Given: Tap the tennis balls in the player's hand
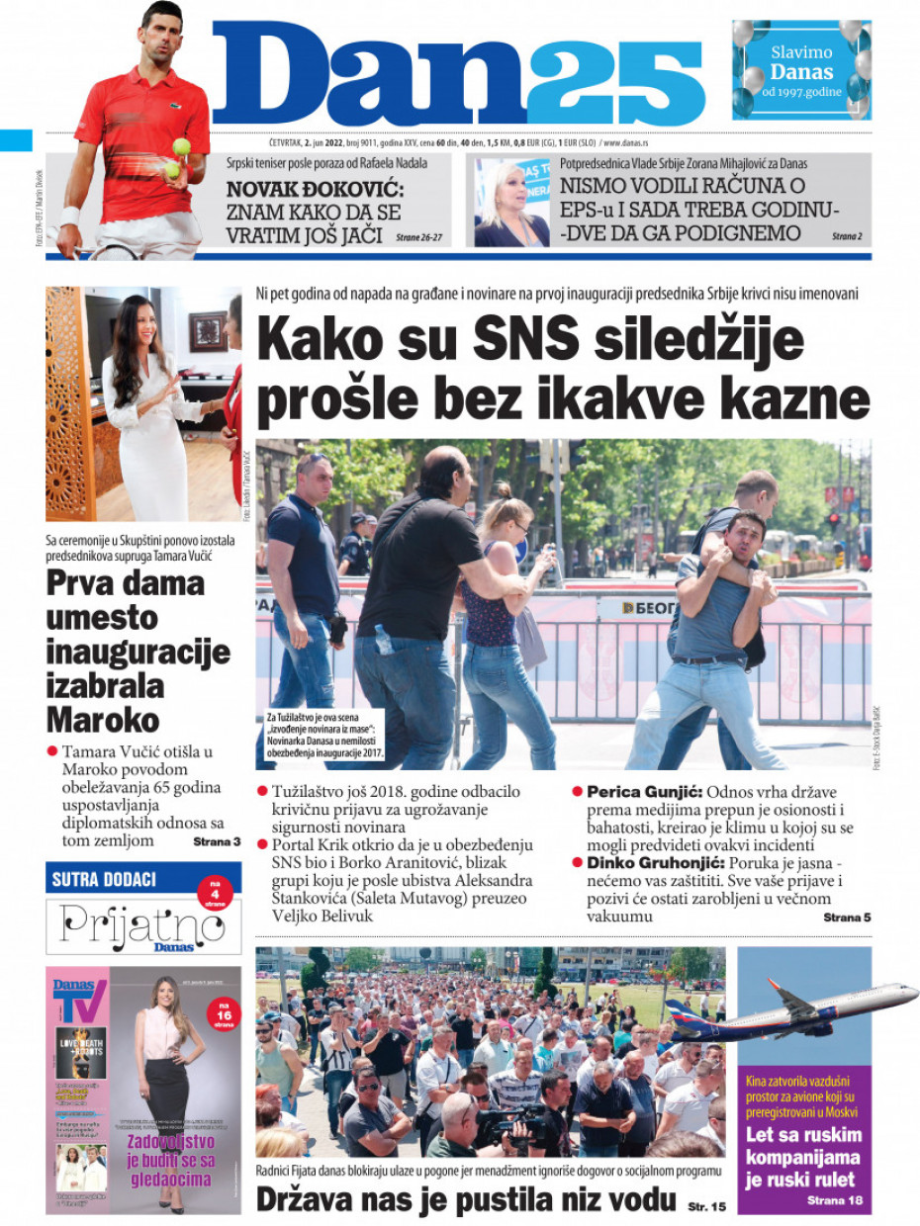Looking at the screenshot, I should click(x=177, y=158).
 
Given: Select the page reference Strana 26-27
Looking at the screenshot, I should click(x=418, y=238).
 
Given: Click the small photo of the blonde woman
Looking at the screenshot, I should click(x=511, y=202).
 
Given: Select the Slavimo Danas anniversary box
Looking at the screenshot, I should click(x=801, y=69).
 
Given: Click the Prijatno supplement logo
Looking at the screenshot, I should click(x=142, y=925).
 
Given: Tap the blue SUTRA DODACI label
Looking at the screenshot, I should click(x=104, y=877).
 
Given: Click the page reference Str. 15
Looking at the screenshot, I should click(x=705, y=1205).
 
